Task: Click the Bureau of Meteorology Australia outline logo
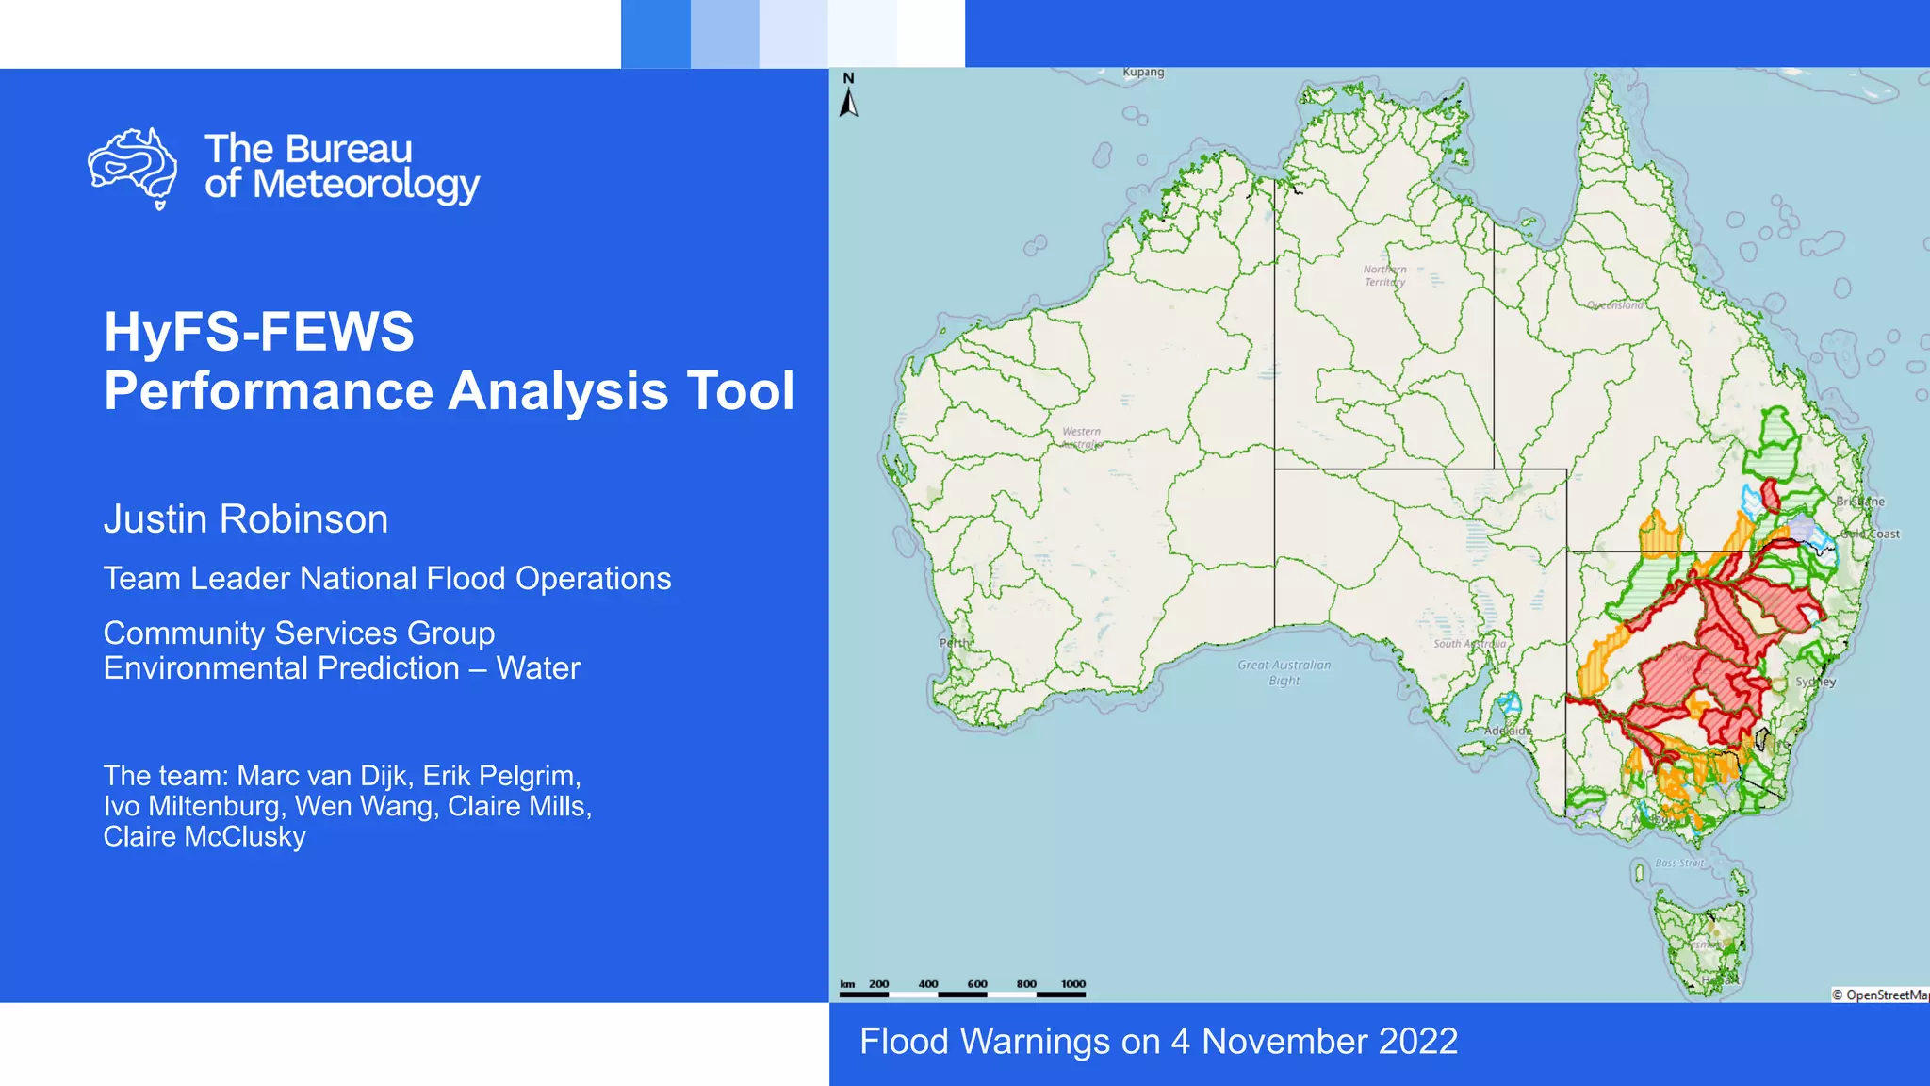133,168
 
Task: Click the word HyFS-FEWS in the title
259,332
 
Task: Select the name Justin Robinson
246,519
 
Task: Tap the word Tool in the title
741,390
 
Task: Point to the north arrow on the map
849,96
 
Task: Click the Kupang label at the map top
1143,73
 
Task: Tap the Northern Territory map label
1384,275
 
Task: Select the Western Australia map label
1082,437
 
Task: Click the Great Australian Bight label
1284,672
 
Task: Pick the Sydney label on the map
1815,682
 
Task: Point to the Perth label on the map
954,643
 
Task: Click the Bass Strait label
1679,863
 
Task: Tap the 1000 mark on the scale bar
1073,984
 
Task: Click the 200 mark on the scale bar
878,984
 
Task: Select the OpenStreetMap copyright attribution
1880,995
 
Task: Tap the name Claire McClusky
204,837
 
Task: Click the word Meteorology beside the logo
367,185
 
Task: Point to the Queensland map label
1615,305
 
